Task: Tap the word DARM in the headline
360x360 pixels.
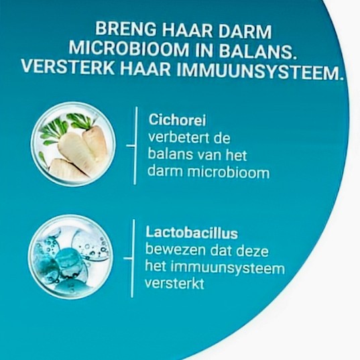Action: [x=245, y=31]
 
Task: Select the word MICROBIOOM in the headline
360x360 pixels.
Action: [x=129, y=49]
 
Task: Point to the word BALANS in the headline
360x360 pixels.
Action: [x=257, y=52]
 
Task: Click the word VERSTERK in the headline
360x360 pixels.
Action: [x=68, y=67]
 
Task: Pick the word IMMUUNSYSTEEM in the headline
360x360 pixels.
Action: [x=258, y=71]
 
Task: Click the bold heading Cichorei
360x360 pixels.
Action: [x=177, y=120]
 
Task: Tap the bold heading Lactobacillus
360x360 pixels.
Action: [x=192, y=233]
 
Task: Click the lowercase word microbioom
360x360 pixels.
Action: [x=228, y=172]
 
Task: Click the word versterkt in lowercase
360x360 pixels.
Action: [x=174, y=284]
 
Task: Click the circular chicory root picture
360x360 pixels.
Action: [x=73, y=144]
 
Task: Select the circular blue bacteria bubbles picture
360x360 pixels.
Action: [x=70, y=257]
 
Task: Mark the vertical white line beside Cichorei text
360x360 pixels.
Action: [x=135, y=145]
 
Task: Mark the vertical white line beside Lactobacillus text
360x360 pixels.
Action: [x=133, y=258]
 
